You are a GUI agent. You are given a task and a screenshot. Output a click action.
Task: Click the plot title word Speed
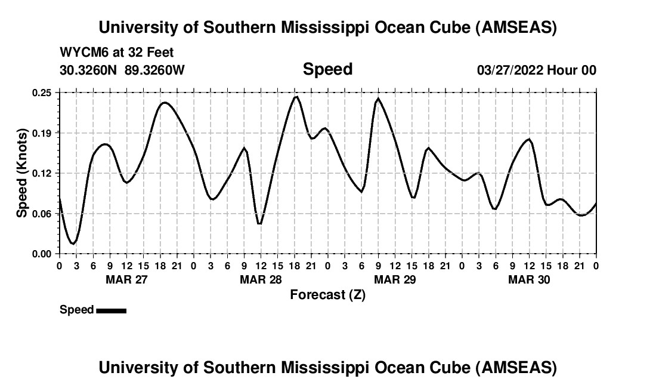pos(327,69)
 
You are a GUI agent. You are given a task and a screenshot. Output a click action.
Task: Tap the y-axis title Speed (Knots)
pos(22,173)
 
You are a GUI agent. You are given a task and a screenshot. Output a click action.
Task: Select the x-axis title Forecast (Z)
pos(327,294)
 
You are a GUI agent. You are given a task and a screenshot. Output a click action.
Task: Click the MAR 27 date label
pos(126,279)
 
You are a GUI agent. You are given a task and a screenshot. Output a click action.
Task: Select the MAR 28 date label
pos(260,279)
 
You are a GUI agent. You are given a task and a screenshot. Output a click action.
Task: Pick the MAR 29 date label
pos(394,279)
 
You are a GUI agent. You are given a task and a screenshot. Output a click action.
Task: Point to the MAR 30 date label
pos(528,279)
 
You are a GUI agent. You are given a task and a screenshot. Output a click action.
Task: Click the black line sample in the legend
pos(111,310)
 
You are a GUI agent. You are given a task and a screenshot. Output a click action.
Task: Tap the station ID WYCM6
pos(82,53)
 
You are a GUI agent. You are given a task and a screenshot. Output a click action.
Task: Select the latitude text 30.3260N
pos(89,70)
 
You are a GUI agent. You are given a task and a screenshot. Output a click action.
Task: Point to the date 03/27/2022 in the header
pos(510,70)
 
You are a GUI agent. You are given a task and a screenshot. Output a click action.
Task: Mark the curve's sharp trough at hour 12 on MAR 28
pos(259,224)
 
